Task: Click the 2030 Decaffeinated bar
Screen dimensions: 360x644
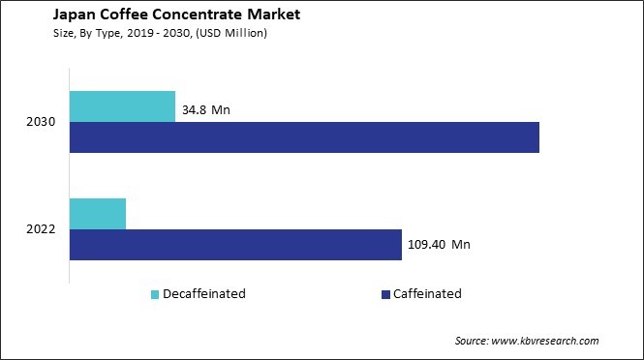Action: [122, 106]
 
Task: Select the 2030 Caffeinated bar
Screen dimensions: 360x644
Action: [304, 137]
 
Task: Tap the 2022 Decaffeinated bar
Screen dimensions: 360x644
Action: [98, 213]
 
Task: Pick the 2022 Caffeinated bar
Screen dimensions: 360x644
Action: [235, 244]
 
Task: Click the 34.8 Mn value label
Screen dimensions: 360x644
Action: [206, 111]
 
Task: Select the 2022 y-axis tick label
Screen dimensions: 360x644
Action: [43, 229]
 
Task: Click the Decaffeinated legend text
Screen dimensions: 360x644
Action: [204, 293]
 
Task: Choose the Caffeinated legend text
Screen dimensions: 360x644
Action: [427, 293]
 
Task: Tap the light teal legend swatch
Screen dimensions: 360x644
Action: [155, 293]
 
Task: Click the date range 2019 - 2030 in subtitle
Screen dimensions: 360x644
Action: [151, 33]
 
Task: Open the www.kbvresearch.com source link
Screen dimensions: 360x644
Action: [547, 341]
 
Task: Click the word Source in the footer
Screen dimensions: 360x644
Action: [473, 341]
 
